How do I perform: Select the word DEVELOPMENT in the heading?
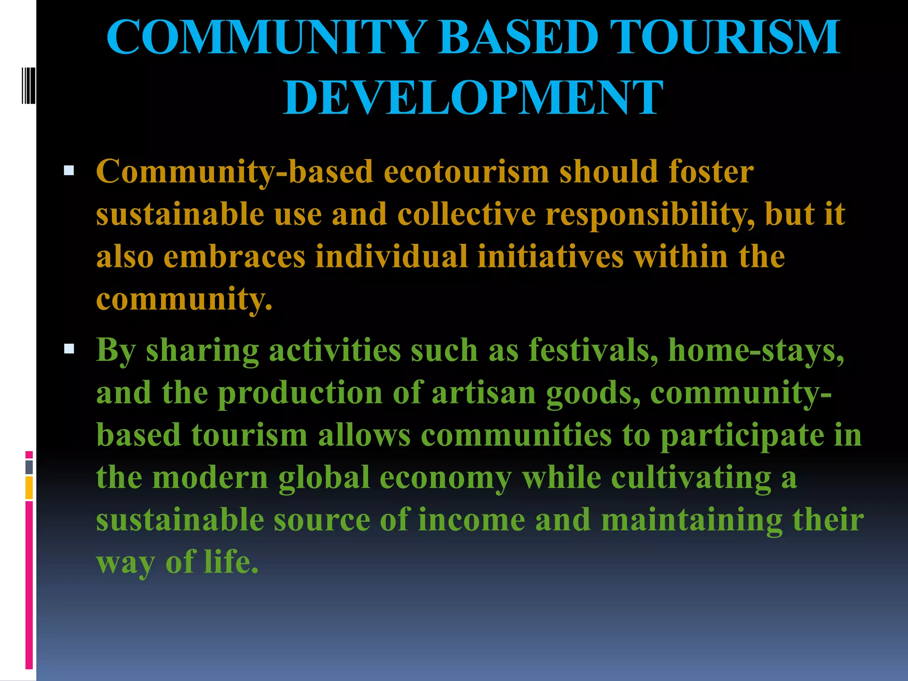[473, 98]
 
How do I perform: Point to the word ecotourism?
[466, 172]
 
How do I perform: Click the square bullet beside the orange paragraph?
[69, 171]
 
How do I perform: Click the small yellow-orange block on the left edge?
[29, 487]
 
